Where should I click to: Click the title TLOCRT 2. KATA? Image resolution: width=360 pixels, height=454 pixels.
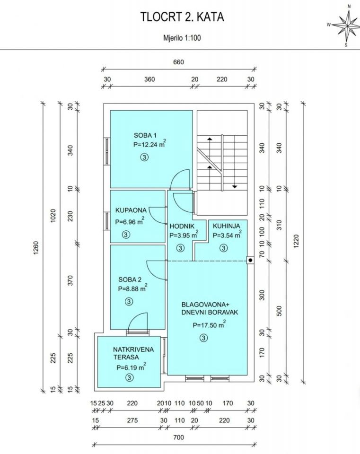tap(182, 17)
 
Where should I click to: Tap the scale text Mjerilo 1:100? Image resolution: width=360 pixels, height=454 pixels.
tap(182, 38)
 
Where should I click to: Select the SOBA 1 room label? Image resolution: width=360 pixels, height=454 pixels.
tap(145, 135)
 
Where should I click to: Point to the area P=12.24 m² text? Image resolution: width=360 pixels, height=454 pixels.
tap(149, 144)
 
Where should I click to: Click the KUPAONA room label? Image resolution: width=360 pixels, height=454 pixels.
tap(131, 210)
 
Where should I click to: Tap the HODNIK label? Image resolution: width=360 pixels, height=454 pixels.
tap(182, 226)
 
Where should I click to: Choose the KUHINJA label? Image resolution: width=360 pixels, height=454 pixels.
tap(227, 226)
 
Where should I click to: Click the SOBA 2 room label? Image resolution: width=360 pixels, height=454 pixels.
tap(130, 279)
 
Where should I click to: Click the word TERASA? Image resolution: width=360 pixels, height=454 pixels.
tap(126, 357)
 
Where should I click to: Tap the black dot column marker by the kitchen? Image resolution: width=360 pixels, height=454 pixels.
tap(250, 260)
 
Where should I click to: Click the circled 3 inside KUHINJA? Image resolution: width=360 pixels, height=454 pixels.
tap(223, 248)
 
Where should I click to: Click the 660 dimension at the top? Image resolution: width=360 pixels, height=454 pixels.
tap(178, 62)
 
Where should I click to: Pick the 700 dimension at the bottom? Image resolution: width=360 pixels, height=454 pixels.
tap(178, 437)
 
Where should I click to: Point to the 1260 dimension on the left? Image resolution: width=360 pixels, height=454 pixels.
tap(36, 248)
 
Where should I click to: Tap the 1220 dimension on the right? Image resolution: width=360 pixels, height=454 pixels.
tap(296, 241)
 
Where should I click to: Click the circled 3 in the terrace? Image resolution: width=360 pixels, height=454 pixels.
tap(130, 377)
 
